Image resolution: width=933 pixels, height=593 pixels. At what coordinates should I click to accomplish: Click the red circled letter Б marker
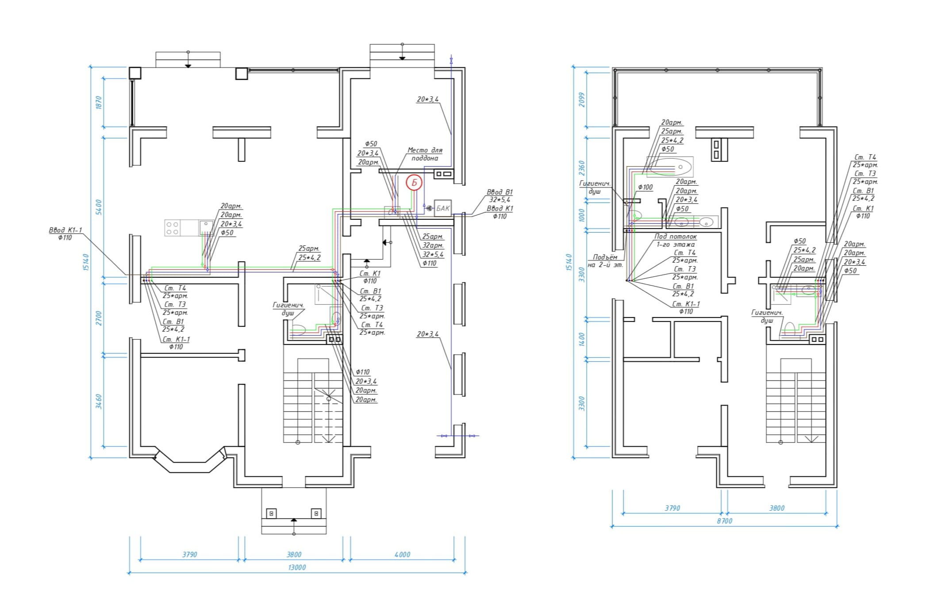click(414, 183)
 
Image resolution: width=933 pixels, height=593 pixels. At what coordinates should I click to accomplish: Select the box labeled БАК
click(442, 208)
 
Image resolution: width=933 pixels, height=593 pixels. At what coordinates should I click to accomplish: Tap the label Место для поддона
click(425, 154)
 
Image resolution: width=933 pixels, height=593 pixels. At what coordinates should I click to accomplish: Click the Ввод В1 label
click(499, 192)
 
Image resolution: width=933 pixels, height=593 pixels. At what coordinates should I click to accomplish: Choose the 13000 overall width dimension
click(297, 567)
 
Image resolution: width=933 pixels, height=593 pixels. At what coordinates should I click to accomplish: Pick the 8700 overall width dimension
click(724, 521)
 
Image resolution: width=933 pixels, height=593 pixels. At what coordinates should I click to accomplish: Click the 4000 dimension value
click(402, 554)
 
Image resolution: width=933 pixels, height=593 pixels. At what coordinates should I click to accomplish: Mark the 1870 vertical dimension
click(99, 103)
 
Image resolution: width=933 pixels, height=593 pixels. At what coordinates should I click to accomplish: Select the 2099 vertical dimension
click(581, 99)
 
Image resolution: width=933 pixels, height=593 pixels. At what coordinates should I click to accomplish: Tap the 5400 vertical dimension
click(99, 207)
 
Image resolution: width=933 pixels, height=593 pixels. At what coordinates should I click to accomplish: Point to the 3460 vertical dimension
click(99, 402)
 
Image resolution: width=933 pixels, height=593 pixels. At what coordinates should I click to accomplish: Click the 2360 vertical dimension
click(581, 168)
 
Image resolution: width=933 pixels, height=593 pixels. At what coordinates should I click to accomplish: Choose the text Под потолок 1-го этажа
click(676, 240)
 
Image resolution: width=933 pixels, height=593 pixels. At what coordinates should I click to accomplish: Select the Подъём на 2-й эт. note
click(605, 261)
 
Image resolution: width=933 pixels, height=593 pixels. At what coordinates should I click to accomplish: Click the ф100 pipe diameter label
click(645, 187)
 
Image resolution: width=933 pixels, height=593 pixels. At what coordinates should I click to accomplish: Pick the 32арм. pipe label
click(433, 245)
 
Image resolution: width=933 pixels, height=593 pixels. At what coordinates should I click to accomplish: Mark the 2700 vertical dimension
click(99, 318)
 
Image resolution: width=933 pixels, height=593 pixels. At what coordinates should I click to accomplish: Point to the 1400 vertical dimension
click(581, 339)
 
